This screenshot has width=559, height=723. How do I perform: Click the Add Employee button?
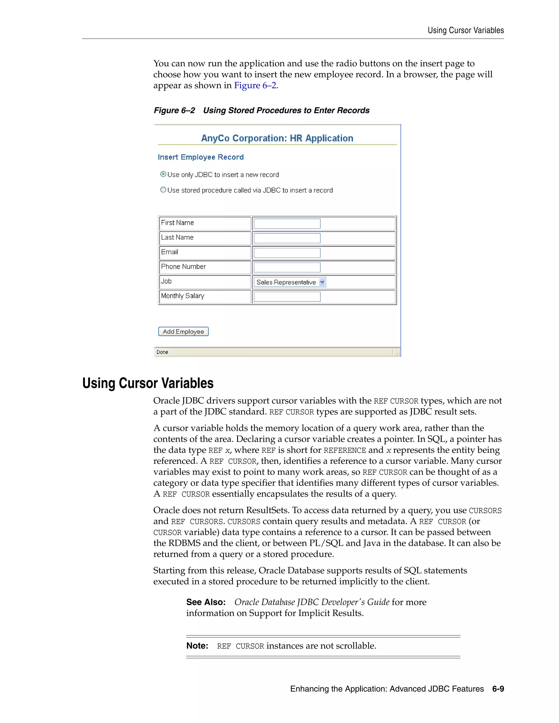[183, 331]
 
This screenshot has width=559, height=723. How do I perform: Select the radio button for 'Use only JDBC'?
[163, 174]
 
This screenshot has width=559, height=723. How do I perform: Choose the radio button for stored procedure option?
[163, 190]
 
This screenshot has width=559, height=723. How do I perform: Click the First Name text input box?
[287, 223]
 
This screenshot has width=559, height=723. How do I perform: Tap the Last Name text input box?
[287, 238]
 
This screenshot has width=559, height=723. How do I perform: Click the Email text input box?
[287, 253]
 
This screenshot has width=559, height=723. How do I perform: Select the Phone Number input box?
[287, 267]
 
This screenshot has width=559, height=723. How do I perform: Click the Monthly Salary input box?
[287, 296]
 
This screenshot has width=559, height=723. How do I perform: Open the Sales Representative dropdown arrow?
[322, 282]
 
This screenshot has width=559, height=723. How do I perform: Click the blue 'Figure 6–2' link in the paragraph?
[255, 85]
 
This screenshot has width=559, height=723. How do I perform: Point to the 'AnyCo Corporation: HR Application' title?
[277, 138]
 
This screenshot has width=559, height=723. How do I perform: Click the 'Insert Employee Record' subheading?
[201, 157]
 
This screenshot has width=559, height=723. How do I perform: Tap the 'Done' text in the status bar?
[162, 352]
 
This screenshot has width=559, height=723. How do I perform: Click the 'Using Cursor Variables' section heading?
[148, 383]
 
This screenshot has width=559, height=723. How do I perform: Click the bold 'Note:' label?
[197, 646]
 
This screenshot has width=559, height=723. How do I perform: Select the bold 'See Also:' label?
[206, 602]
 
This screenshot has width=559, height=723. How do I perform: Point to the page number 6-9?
[498, 689]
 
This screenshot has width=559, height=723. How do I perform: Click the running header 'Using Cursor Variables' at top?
[465, 31]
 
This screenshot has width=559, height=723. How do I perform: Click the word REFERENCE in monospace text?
[344, 450]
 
